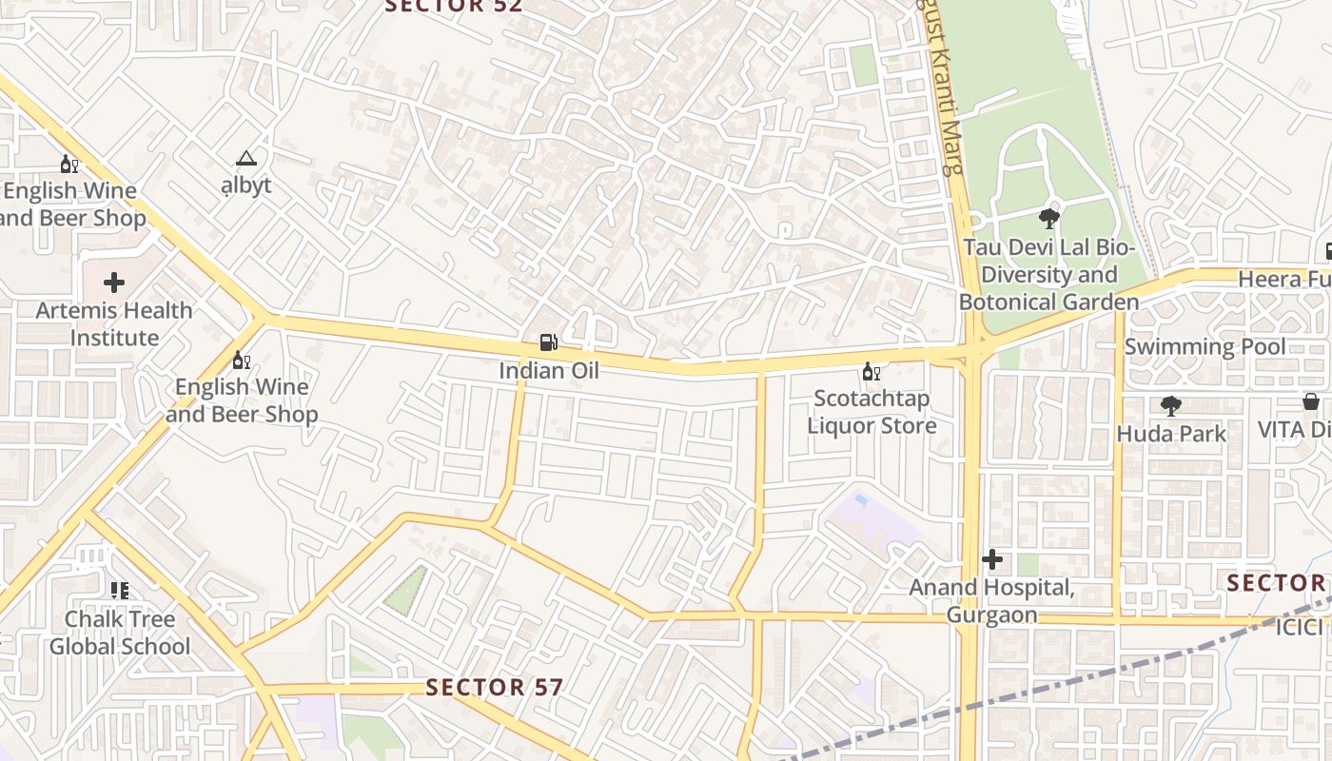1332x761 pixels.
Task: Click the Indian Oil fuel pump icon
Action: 548,341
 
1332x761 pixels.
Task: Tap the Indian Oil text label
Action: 549,370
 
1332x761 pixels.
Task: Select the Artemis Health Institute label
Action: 114,323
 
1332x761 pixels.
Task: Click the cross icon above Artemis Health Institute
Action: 114,283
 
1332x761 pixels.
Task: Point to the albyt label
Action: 246,185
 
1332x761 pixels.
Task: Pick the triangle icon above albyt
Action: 246,158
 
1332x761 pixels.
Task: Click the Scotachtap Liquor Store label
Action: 872,412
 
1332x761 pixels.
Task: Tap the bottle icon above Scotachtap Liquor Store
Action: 870,371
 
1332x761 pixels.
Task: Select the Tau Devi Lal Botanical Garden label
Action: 1048,275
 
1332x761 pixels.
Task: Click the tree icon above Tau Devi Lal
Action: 1049,220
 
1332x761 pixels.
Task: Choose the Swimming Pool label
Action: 1205,346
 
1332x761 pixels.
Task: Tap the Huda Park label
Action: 1171,434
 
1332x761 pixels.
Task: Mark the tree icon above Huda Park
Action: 1171,406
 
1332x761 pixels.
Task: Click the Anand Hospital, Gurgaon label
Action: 991,601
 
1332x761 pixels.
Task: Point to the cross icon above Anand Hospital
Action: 992,559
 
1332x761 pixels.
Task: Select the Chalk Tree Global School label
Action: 120,633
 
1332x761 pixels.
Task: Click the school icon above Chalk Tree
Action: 119,591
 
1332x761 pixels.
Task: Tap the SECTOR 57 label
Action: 494,687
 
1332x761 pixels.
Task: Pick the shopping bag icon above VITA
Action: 1311,401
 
